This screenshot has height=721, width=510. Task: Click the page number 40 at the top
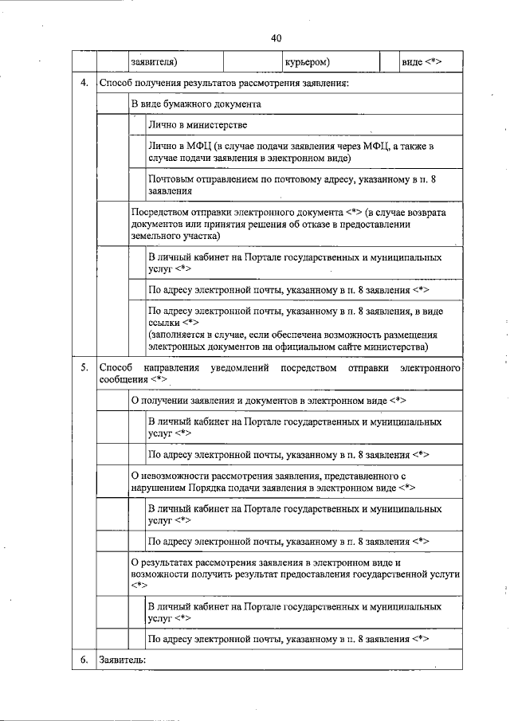[x=276, y=37]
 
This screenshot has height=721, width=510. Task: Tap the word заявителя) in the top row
[x=154, y=62]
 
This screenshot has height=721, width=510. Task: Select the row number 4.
[x=83, y=84]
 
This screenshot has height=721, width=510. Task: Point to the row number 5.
[x=83, y=368]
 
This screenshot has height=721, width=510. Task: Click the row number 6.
[x=83, y=660]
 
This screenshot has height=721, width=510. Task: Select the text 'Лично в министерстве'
[x=197, y=125]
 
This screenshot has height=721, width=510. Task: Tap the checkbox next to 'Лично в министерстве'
[x=138, y=125]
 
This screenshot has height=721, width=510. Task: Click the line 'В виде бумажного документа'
[x=196, y=104]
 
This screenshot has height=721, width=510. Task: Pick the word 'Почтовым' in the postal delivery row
[x=172, y=181]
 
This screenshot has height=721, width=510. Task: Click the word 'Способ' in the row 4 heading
[x=116, y=84]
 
